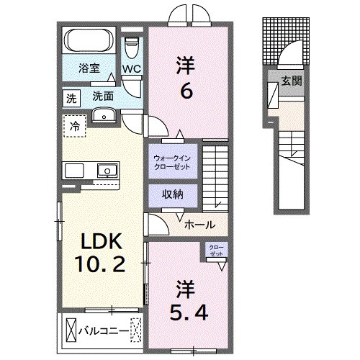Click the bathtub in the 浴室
click(89, 40)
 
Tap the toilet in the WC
click(130, 47)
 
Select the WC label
click(131, 70)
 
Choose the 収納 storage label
click(171, 194)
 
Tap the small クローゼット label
click(217, 249)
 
